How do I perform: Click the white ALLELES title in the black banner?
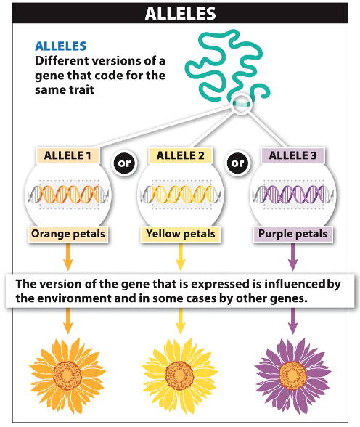181,13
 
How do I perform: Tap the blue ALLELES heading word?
61,46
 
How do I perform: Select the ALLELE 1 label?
67,155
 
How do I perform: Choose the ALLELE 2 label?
180,155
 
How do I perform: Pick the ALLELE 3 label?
292,155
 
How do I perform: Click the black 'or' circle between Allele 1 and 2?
124,163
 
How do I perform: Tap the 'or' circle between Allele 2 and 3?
237,163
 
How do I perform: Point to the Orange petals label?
67,234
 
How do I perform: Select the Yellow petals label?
181,234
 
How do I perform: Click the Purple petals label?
292,234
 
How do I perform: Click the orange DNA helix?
68,194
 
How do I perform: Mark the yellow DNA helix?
181,194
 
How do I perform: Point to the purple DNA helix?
293,194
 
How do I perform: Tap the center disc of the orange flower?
67,375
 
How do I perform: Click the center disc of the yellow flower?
179,375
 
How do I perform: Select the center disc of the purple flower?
292,375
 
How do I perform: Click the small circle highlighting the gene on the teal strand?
242,104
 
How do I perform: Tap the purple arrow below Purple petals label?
292,256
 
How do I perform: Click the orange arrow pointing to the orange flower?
67,321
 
